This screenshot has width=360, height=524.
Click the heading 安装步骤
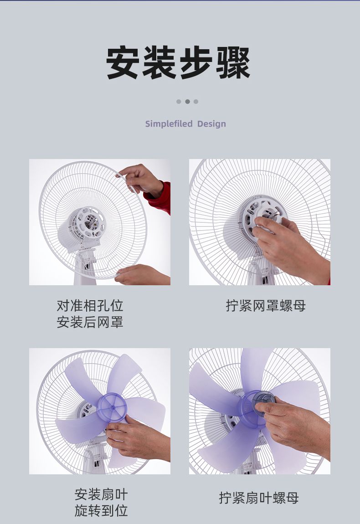click(x=178, y=62)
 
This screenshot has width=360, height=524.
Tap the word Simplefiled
click(x=169, y=123)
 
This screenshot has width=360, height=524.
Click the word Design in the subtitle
click(x=211, y=124)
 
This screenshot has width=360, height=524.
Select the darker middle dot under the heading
click(x=188, y=102)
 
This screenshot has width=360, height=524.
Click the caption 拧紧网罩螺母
click(x=266, y=305)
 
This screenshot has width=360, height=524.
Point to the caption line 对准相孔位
click(x=90, y=305)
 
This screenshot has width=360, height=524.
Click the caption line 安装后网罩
click(x=90, y=322)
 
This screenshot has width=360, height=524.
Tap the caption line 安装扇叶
click(x=101, y=494)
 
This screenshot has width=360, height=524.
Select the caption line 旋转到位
click(x=101, y=511)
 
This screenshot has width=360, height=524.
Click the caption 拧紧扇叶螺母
click(x=259, y=498)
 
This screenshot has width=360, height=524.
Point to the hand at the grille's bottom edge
click(x=142, y=275)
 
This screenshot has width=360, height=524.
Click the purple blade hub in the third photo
click(x=113, y=407)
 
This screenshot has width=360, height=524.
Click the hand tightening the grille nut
click(x=288, y=247)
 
